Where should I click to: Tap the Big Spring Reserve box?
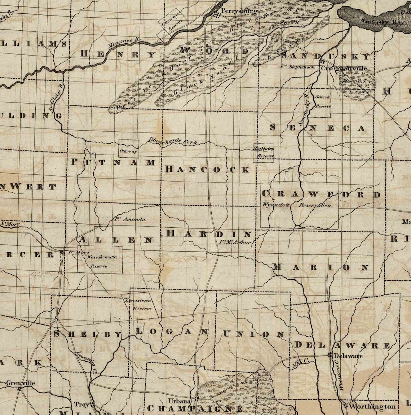[x=264, y=152]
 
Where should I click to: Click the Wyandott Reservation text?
[x=297, y=205]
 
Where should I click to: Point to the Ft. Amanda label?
[x=124, y=219]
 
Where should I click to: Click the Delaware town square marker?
[x=330, y=355]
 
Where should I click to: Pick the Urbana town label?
[x=179, y=401]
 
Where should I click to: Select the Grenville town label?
[x=21, y=383]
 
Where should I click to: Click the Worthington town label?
[x=372, y=406]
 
